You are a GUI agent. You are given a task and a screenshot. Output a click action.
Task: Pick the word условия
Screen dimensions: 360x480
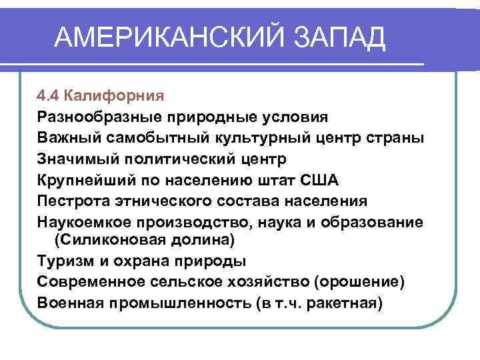point(298,117)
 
